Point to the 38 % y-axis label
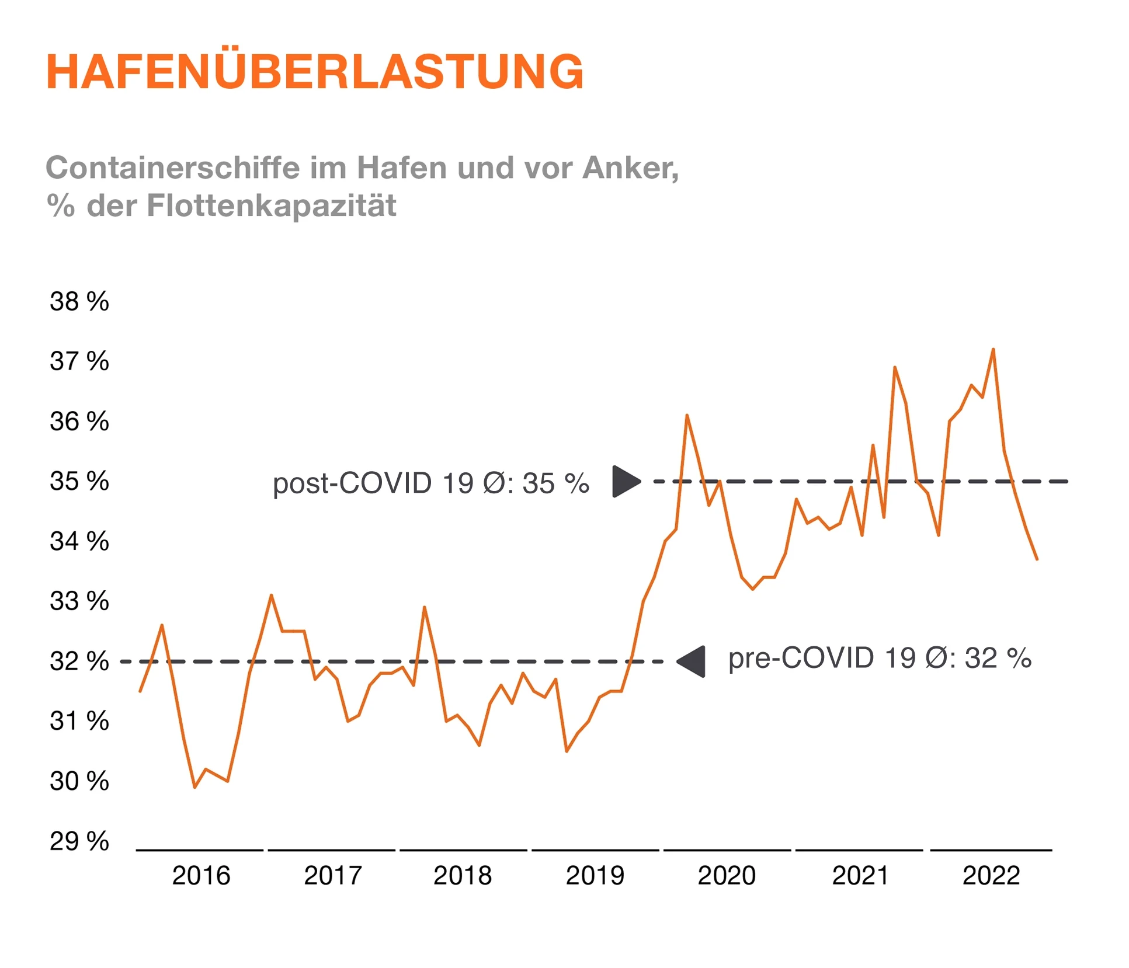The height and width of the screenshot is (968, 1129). pos(79,302)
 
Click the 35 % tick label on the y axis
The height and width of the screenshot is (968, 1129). pos(79,482)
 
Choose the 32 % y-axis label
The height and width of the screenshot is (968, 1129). pos(79,661)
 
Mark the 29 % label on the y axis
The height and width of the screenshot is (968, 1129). pos(79,841)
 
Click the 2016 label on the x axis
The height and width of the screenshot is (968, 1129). pos(201,876)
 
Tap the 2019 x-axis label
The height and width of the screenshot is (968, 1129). pos(595,876)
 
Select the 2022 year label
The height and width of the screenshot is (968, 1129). pos(991,876)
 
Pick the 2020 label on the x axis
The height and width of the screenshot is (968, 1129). pos(727,876)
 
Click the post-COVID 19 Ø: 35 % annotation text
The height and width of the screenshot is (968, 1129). pos(431,483)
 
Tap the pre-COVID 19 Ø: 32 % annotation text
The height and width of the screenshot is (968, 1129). pos(879,659)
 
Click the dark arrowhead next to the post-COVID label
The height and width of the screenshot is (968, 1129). pos(625,482)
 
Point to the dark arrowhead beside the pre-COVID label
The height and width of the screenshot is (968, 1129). pos(693,661)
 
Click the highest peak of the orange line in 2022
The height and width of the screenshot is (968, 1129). pos(993,349)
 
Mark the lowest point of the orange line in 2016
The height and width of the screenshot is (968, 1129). pos(195,787)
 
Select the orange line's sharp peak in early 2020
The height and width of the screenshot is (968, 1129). pos(687,415)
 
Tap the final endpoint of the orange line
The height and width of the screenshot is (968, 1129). pos(1037,559)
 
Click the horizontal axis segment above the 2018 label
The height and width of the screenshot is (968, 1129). pos(463,850)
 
